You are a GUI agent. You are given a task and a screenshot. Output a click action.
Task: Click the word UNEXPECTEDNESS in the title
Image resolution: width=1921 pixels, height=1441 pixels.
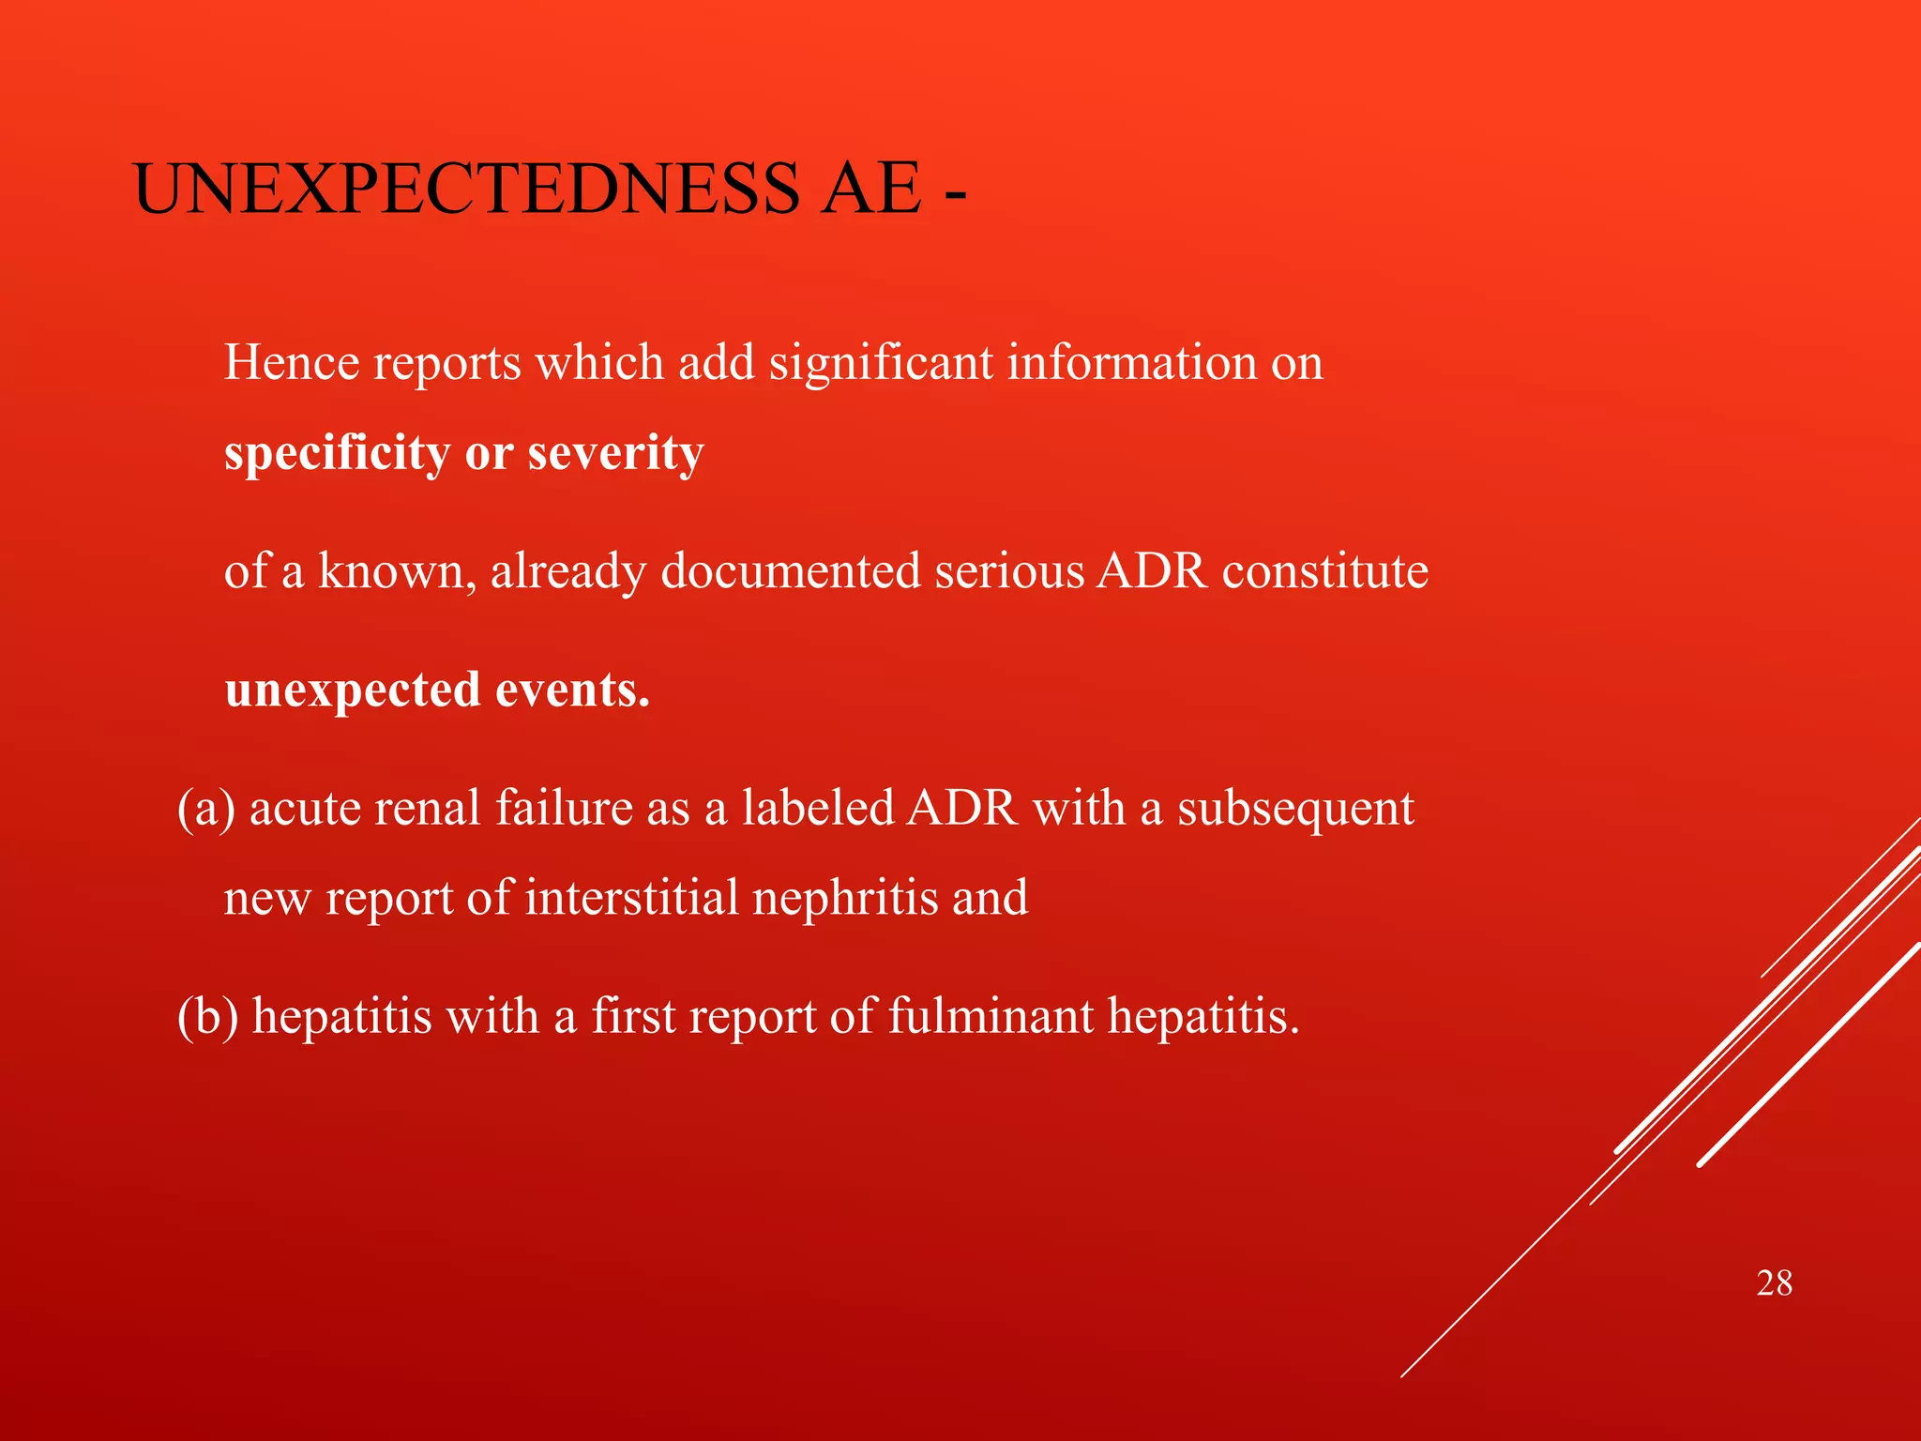point(466,190)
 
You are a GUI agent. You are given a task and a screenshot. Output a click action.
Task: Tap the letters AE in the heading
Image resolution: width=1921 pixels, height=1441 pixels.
point(870,190)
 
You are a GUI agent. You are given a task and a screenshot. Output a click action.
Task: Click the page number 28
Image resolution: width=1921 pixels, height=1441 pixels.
point(1774,1283)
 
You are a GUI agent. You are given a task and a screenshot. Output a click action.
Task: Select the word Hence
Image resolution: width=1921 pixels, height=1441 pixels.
point(292,363)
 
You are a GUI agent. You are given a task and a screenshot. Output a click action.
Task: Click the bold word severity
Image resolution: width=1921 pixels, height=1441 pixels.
point(615,454)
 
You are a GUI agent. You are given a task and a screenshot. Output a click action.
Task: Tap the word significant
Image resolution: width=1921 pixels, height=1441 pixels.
point(880,363)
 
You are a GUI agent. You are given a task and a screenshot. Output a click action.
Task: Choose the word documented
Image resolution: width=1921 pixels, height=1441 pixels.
point(790,571)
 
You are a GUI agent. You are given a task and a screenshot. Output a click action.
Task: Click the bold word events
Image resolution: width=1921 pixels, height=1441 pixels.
point(572,690)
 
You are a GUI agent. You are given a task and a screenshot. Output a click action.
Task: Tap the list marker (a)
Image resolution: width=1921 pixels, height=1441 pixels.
point(205,809)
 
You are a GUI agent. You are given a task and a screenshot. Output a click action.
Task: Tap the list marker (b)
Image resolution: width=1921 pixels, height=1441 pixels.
point(207,1017)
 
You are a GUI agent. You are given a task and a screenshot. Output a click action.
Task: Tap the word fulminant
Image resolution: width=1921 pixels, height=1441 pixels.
point(990,1017)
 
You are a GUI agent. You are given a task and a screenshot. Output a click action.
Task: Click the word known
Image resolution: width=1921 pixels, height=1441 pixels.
point(391,571)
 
